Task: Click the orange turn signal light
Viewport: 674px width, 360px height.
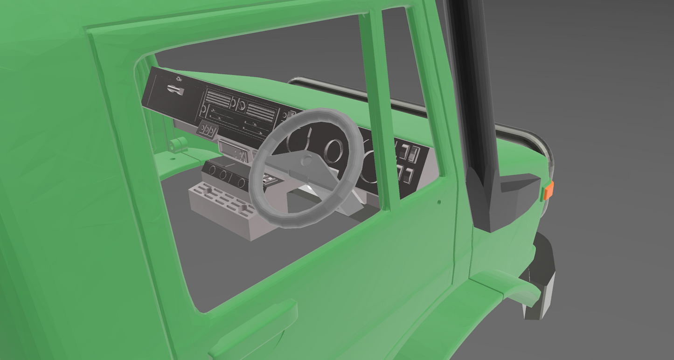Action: [549, 190]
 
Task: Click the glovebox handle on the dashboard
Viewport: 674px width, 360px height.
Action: [176, 90]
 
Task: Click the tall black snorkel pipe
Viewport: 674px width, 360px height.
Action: [472, 84]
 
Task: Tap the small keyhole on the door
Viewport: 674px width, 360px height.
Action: [439, 202]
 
